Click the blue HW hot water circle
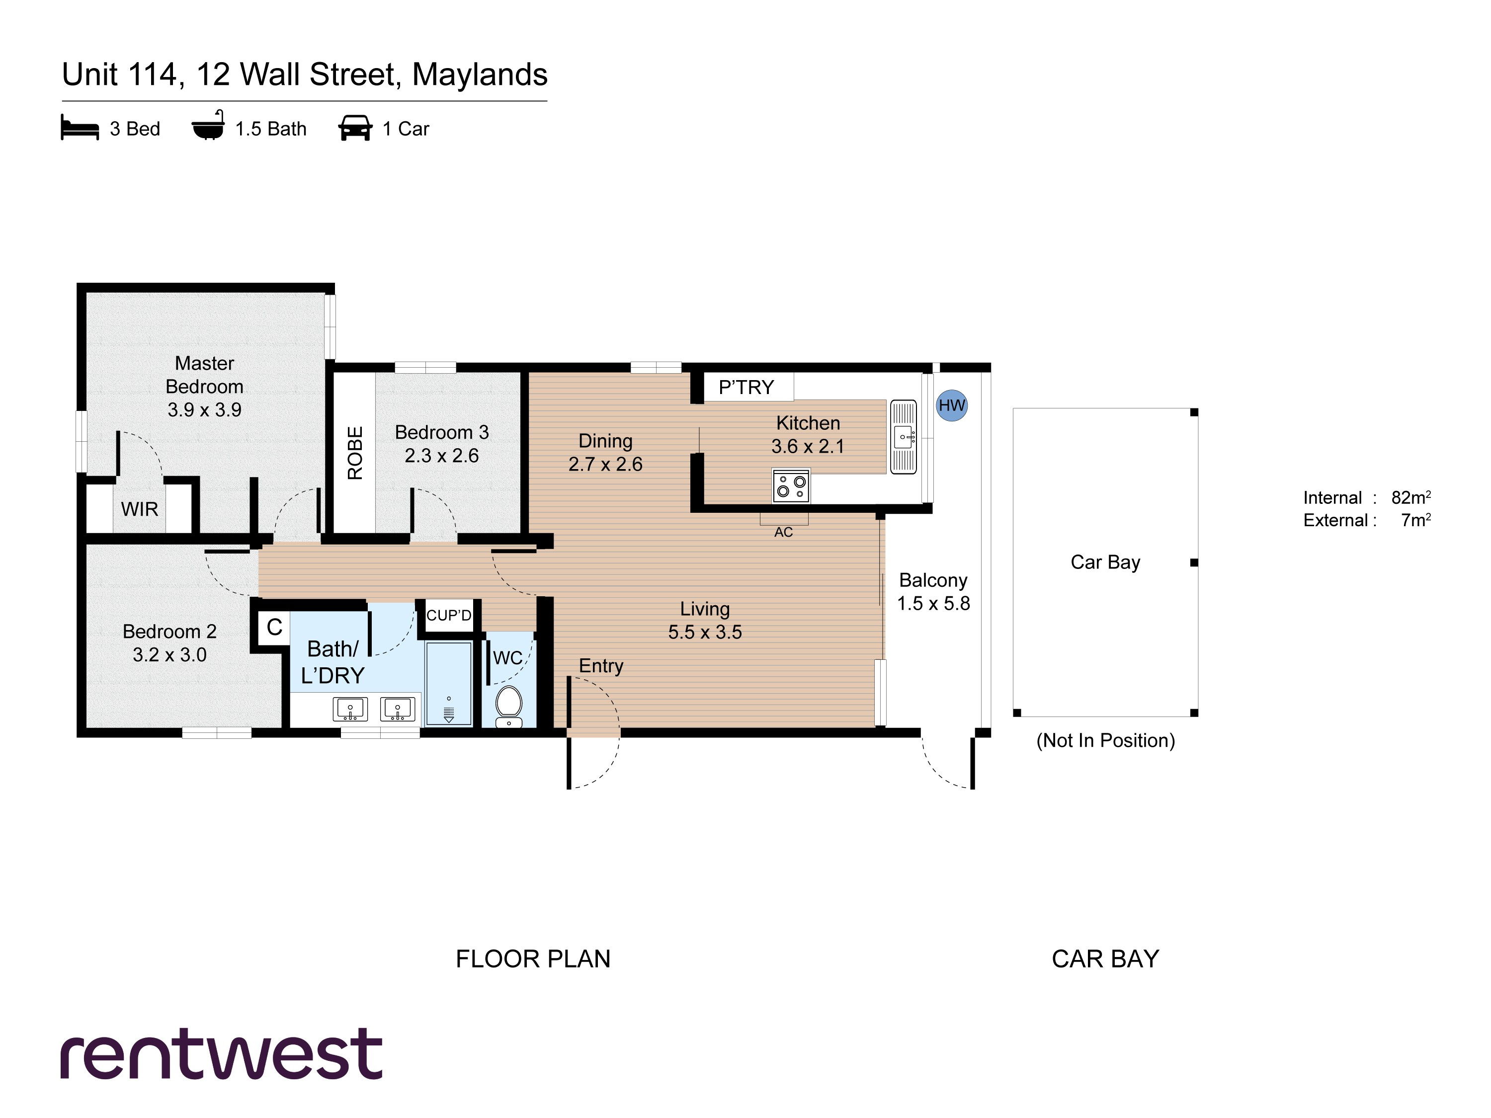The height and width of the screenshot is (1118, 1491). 952,405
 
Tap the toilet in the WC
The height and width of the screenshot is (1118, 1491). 508,706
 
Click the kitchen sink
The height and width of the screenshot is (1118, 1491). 903,437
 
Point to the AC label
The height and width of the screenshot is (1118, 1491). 783,532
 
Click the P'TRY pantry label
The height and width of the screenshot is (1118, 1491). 746,388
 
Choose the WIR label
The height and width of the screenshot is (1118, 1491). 140,509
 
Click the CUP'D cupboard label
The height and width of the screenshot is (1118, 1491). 449,615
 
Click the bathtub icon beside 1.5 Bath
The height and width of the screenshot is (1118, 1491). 208,125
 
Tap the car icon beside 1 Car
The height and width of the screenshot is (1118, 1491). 355,127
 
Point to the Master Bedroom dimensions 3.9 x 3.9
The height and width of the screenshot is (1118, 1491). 204,410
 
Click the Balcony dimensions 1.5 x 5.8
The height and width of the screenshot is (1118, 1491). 933,603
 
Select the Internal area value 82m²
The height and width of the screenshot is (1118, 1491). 1411,497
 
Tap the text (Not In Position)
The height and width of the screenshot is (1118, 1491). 1105,741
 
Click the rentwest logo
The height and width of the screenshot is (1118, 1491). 222,1053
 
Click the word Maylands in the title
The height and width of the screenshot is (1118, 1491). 480,76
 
